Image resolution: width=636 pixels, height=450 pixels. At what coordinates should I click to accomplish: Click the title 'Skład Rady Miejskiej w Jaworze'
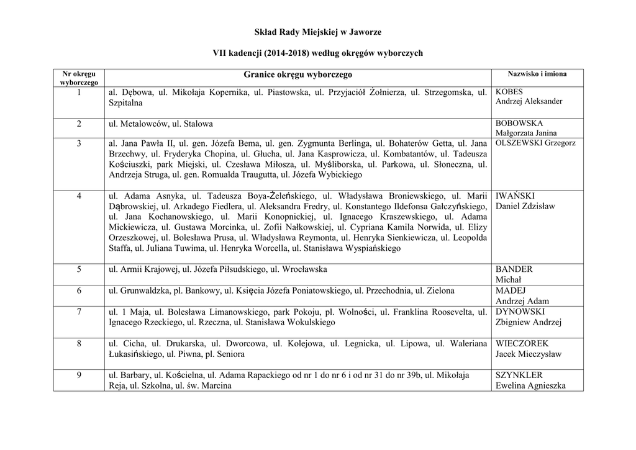pos(317,32)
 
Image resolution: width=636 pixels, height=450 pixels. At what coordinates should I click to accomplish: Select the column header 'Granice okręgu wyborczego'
pos(298,74)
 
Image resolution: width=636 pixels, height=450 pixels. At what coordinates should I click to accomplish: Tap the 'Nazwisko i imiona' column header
pos(537,73)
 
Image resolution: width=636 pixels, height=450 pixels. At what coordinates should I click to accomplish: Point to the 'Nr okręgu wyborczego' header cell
pos(79,78)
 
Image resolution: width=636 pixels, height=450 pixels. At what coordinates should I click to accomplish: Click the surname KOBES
pos(509,91)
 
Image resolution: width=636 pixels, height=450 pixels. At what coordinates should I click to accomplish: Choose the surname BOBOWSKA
pos(519,124)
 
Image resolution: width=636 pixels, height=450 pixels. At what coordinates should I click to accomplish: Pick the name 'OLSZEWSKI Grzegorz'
pos(535,143)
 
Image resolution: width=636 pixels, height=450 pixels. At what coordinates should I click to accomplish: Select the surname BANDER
pos(514,269)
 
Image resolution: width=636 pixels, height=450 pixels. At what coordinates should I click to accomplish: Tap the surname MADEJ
pos(511,290)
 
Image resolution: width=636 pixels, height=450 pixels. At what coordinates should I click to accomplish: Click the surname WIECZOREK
pos(522,343)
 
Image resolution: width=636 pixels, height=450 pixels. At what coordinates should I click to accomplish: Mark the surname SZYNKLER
pos(519,375)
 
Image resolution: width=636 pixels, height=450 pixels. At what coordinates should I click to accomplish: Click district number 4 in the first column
pos(79,196)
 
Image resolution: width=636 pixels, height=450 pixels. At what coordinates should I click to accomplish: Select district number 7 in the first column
pos(79,312)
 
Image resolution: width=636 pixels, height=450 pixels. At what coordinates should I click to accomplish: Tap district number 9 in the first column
pos(79,375)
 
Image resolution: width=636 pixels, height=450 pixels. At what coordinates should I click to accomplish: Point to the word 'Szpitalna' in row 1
pos(125,102)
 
